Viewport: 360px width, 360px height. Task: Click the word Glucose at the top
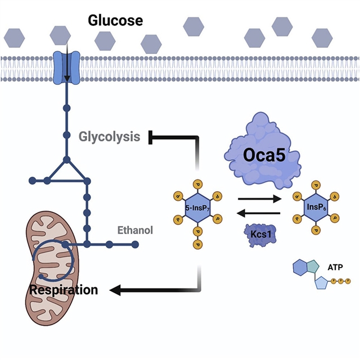tap(115, 21)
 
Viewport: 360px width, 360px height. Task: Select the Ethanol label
tap(135, 230)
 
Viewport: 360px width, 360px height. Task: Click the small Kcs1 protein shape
tap(258, 234)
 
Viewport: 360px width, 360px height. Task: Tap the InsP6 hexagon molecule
tap(314, 207)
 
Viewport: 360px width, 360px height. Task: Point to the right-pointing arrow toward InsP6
tap(259, 199)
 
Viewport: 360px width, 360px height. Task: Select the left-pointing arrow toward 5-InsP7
tap(259, 214)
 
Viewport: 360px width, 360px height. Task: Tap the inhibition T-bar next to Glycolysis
tap(151, 137)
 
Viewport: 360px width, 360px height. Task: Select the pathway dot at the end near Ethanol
tap(135, 244)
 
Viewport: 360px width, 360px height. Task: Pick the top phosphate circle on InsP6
tap(314, 184)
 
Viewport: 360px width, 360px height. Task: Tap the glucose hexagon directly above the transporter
tap(61, 35)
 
